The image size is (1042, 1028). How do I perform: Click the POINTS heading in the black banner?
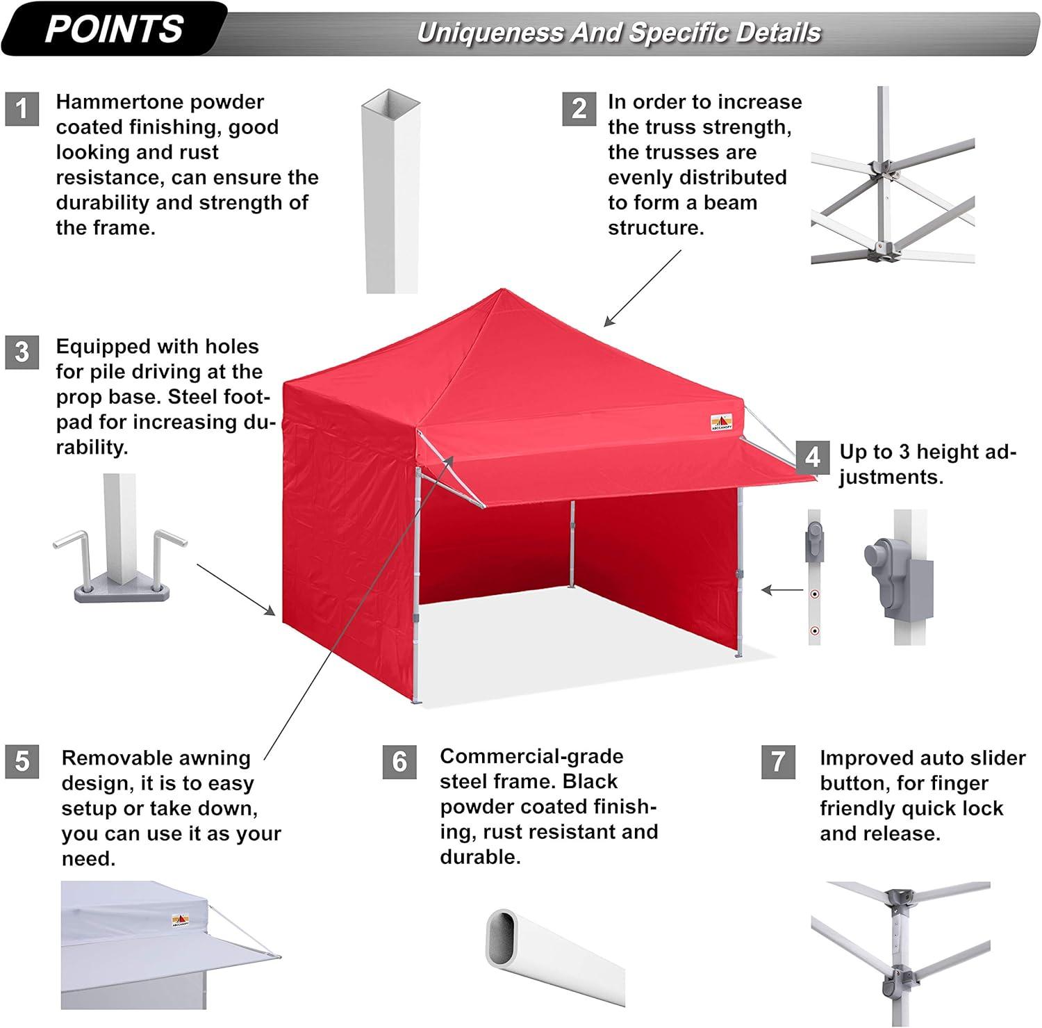coord(114,28)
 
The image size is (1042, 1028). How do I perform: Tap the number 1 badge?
coord(22,108)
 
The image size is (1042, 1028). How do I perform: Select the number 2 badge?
coord(579,108)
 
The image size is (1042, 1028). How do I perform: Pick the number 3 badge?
coord(22,352)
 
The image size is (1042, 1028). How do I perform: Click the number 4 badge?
coord(813,457)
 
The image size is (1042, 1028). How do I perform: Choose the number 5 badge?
coord(22,761)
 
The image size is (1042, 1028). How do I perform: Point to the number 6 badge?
coord(399,762)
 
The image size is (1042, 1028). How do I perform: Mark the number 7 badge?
coord(778,762)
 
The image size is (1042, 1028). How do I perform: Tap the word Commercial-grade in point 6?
coord(531,756)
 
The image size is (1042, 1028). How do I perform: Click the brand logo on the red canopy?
coord(720,423)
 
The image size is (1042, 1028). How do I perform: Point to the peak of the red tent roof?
coord(502,289)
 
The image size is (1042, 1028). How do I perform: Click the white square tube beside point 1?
coord(391,190)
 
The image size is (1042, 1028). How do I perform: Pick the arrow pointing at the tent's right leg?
coord(782,590)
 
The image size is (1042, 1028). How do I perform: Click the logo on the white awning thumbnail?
coord(179,921)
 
